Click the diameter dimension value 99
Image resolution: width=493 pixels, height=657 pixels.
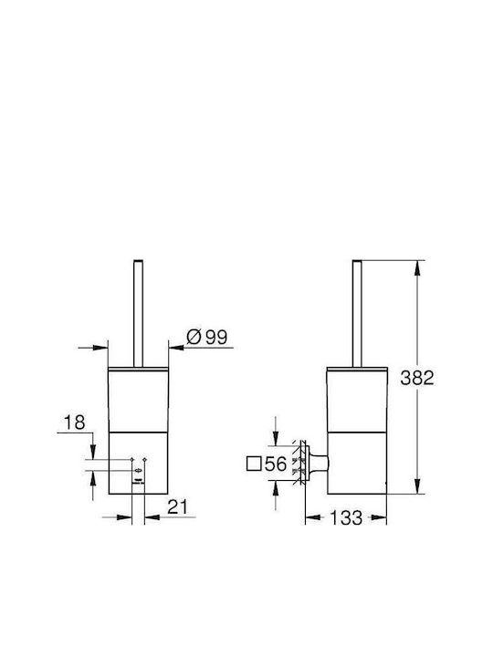point(216,337)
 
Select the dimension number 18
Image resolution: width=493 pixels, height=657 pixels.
point(74,422)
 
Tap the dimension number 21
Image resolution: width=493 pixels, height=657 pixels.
point(178,507)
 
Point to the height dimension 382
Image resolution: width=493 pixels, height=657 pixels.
point(416,378)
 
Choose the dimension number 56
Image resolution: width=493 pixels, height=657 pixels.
point(276,464)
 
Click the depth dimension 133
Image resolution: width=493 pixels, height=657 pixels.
point(346,518)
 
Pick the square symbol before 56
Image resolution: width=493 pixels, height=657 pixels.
point(254,464)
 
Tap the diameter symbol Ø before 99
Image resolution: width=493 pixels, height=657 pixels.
point(194,337)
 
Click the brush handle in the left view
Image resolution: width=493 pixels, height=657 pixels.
point(138,313)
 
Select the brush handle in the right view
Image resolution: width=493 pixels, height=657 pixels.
point(357,313)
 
